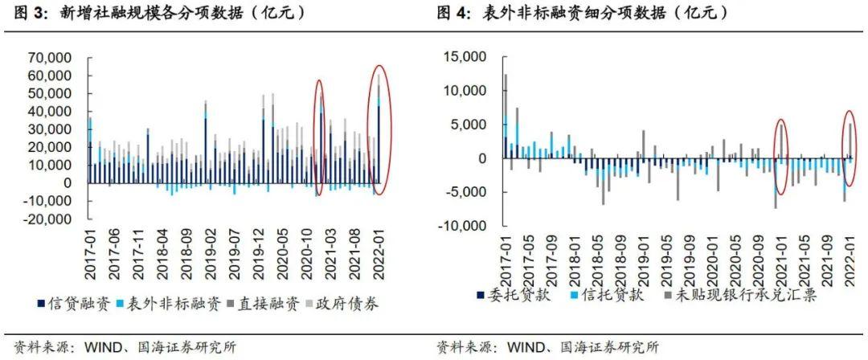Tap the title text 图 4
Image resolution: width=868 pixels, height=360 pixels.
point(457,14)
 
